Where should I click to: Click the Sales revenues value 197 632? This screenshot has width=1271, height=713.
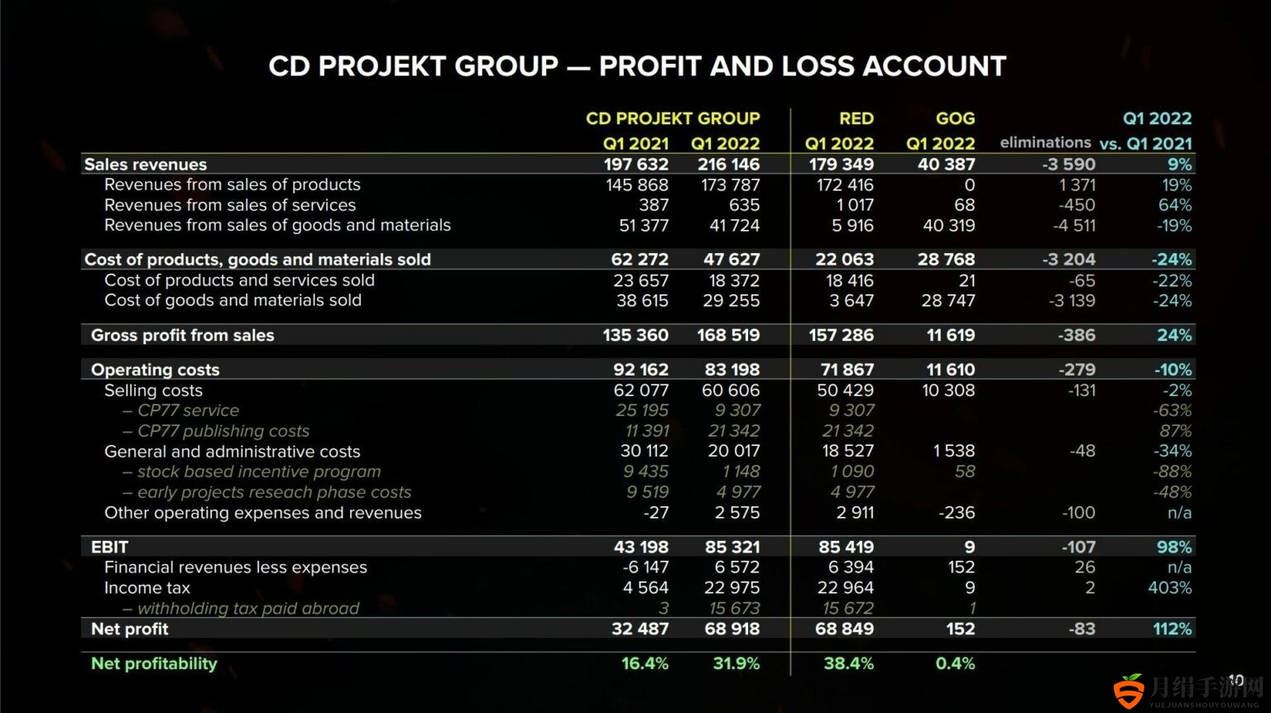click(635, 165)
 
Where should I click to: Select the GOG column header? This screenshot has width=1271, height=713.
click(955, 118)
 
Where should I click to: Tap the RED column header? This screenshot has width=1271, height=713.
click(856, 118)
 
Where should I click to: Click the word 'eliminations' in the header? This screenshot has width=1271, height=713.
click(1045, 142)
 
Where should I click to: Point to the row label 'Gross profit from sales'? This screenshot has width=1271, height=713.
click(182, 335)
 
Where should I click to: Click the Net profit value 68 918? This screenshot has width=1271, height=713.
click(731, 629)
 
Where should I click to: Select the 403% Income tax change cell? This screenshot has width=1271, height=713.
click(1169, 587)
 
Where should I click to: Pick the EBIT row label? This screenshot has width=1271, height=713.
click(109, 547)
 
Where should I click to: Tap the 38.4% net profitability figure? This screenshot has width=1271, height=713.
click(848, 663)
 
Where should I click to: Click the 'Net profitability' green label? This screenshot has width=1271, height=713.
click(154, 663)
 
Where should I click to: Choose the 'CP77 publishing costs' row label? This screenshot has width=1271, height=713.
click(223, 431)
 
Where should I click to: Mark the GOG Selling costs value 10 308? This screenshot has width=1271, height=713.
click(948, 390)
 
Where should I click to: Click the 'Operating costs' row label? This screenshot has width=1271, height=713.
click(155, 370)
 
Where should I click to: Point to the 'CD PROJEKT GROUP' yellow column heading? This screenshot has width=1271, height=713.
click(673, 118)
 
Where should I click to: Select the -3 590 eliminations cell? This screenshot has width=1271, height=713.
click(1068, 165)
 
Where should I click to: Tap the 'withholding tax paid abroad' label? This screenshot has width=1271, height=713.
click(248, 609)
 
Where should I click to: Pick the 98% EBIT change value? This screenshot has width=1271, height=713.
click(1174, 547)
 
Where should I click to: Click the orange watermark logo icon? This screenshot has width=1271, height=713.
click(1130, 691)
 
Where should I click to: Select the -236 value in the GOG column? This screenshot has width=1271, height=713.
click(957, 513)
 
